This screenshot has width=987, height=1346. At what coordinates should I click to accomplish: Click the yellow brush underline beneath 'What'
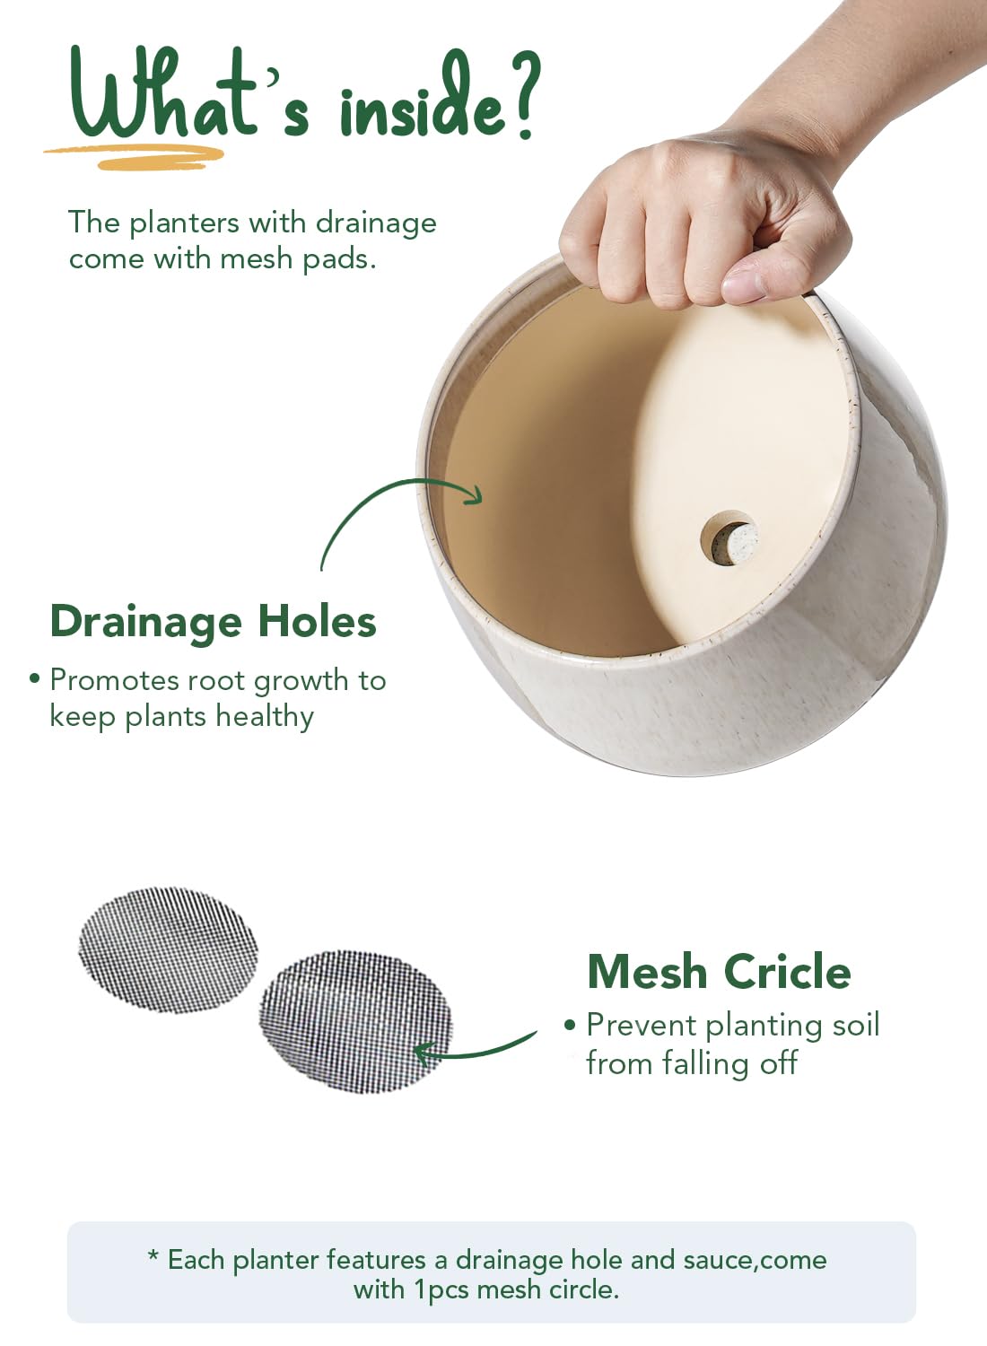coord(135,157)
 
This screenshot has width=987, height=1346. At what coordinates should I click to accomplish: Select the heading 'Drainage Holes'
coord(213,621)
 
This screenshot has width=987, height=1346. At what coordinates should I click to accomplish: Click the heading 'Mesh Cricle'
coord(719,972)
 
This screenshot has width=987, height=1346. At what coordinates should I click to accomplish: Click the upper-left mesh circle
coord(168,949)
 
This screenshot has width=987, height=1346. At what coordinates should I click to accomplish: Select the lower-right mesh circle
coord(355,1021)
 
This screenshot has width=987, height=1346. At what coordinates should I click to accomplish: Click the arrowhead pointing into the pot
coord(474,494)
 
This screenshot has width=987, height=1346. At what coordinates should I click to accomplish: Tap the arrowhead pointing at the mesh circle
coord(424,1052)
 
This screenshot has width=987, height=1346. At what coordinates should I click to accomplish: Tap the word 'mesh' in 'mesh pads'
coord(257,258)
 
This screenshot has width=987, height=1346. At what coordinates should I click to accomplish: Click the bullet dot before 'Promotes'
coord(35,678)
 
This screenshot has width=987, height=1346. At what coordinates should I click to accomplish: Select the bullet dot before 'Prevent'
coord(570,1024)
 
